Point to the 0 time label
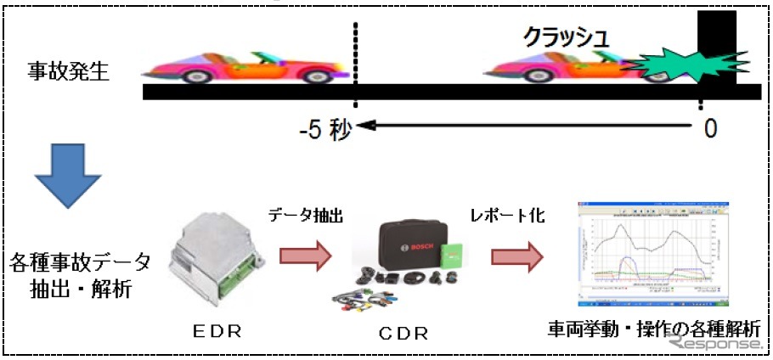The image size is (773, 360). point(709,128)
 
